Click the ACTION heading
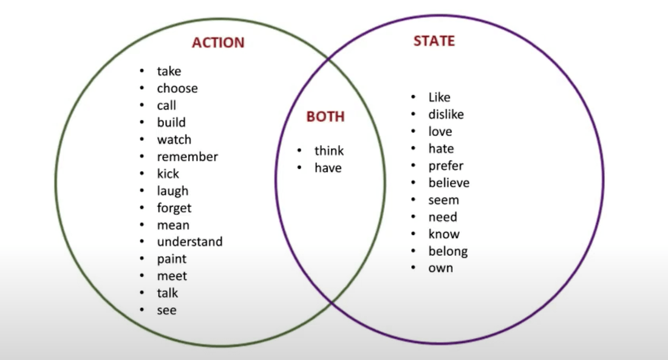[x=218, y=43]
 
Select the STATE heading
[x=434, y=41]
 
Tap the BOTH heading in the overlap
[x=325, y=117]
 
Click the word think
[x=329, y=151]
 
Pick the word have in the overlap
[x=328, y=168]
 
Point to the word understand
[x=189, y=242]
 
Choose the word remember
[x=187, y=157]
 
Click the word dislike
[x=446, y=114]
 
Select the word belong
[x=448, y=251]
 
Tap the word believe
[x=449, y=183]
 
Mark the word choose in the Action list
[x=177, y=89]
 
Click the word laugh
[x=172, y=191]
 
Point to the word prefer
[x=446, y=166]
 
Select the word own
[x=440, y=268]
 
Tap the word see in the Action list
[x=166, y=310]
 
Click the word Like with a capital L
[x=439, y=97]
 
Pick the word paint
[x=172, y=259]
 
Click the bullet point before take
[x=141, y=72]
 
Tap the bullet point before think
[x=299, y=151]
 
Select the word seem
[x=443, y=200]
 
